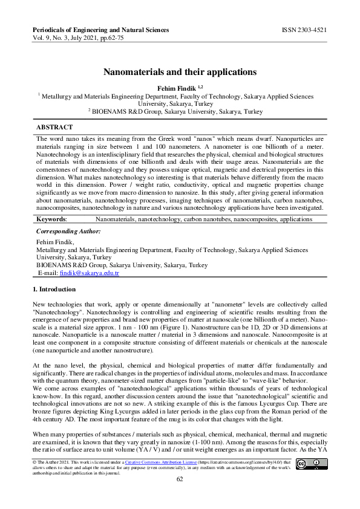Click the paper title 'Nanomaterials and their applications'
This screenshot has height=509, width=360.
click(180, 72)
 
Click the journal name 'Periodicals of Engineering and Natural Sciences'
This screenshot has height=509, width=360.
click(100, 30)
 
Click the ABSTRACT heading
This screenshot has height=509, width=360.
click(54, 128)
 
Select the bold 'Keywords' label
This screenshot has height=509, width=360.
click(51, 219)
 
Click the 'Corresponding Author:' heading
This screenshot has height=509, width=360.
click(68, 232)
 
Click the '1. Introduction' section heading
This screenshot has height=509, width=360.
click(54, 290)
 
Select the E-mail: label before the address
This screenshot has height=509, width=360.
click(48, 273)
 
